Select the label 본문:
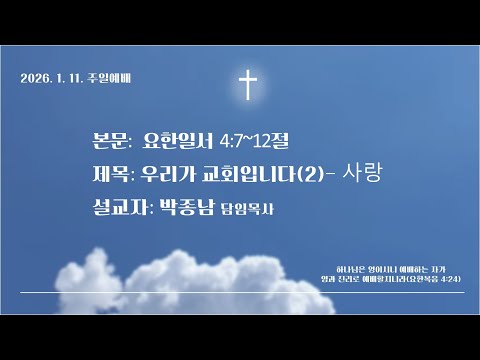point(109,142)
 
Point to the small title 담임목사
point(250,210)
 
